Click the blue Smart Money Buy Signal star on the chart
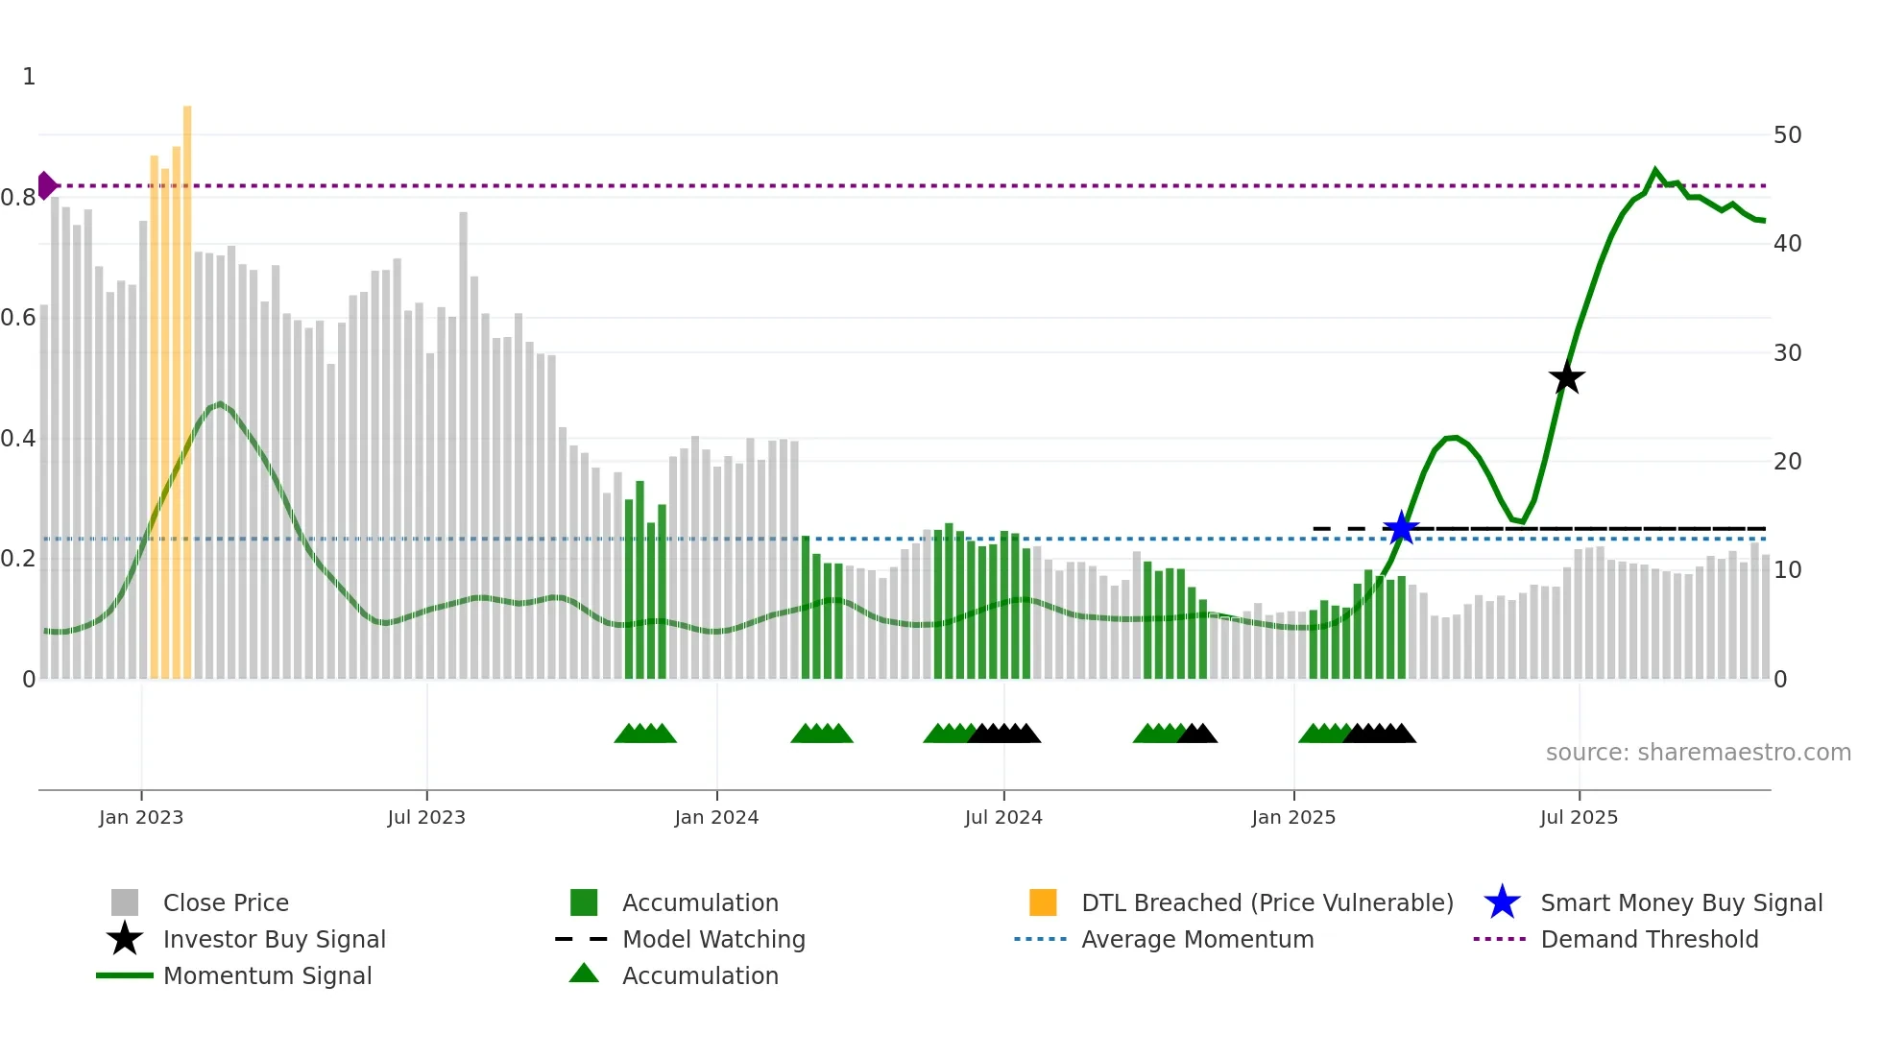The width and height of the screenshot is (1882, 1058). tap(1401, 528)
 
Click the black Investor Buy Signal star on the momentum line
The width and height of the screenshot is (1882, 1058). tap(1566, 377)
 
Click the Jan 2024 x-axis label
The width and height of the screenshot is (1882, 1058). tap(716, 817)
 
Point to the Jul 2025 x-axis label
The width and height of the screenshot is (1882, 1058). tap(1579, 817)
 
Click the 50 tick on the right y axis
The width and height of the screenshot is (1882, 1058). tap(1787, 135)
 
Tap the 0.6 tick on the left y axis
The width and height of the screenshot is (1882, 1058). tap(18, 318)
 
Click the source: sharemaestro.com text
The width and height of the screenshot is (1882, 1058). tap(1698, 753)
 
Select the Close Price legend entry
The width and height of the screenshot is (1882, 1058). tap(226, 902)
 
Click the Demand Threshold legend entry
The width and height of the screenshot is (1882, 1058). tap(1649, 939)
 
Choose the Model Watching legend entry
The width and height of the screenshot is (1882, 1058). tap(712, 939)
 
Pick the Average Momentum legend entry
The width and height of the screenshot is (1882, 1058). tap(1196, 939)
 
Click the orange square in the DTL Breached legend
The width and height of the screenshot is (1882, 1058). tap(1043, 902)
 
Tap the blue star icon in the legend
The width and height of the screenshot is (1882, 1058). tap(1502, 902)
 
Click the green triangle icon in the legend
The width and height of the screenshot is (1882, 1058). tap(584, 974)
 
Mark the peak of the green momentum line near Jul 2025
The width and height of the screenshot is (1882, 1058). tap(1655, 170)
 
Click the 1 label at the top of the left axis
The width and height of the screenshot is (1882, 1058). tap(29, 77)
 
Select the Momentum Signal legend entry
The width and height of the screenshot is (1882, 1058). tap(267, 975)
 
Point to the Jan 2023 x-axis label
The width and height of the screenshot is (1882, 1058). tap(141, 817)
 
